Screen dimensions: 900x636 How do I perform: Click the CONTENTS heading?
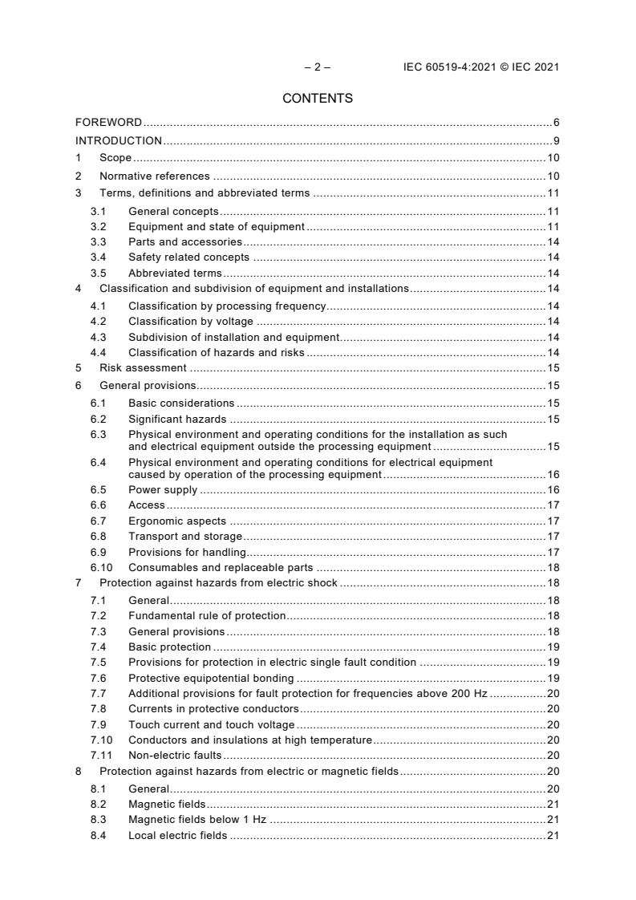coord(318,99)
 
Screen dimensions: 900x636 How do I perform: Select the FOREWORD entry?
coord(108,123)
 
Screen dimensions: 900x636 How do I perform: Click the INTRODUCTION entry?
coord(119,141)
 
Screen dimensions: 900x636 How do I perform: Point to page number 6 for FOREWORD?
coord(556,123)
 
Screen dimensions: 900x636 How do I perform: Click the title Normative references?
coord(154,176)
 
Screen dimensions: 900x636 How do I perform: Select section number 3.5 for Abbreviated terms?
coord(98,273)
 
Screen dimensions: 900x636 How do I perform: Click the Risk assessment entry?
coord(143,367)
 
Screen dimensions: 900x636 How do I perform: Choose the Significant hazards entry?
coord(177,419)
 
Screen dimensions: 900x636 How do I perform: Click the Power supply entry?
coord(163,490)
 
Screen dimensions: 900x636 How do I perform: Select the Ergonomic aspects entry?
coord(177,521)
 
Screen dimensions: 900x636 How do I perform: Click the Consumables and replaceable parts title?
coord(221,567)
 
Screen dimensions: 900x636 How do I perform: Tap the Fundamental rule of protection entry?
coord(207,615)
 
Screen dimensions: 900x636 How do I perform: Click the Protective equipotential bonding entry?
coord(211,678)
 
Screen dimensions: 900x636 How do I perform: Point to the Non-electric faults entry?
coord(175,755)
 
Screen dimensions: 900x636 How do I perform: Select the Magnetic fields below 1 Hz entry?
coord(197,820)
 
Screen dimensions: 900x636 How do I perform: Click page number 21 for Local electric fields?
coord(553,836)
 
